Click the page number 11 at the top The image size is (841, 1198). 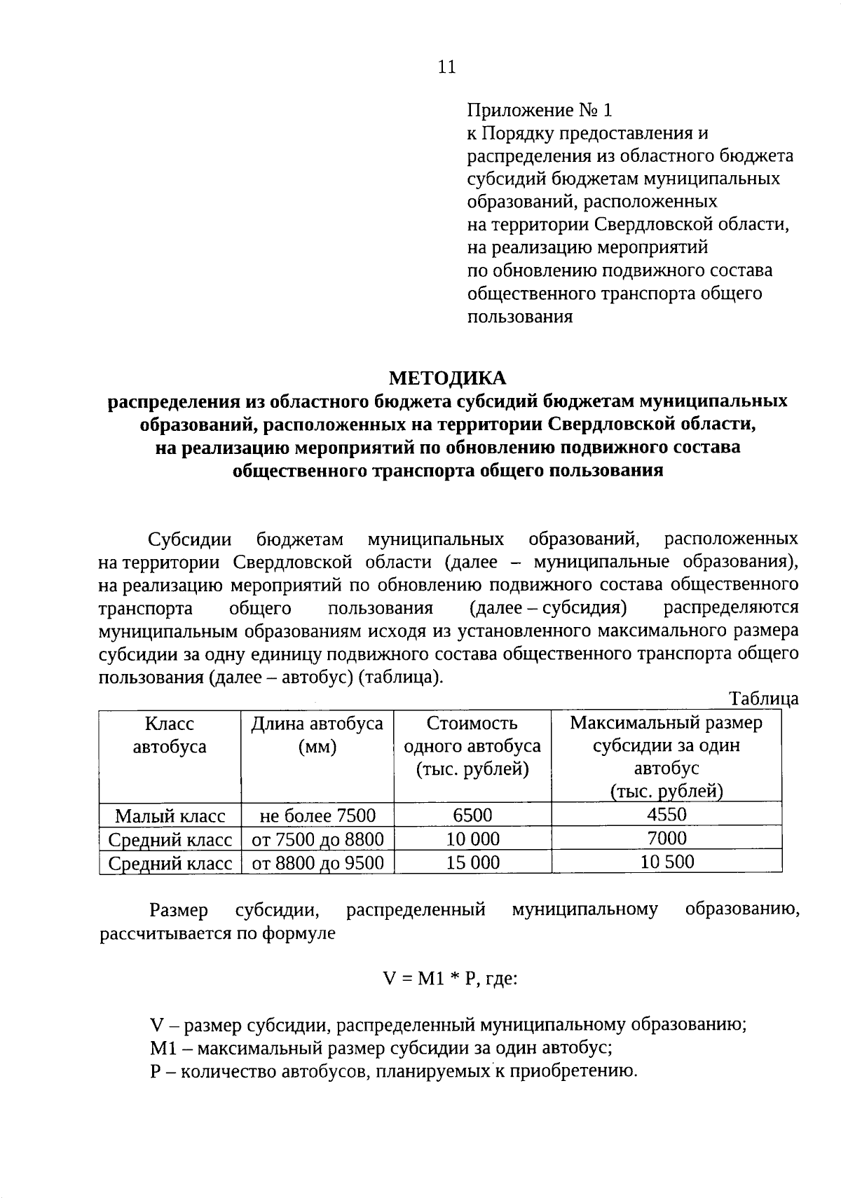tap(446, 67)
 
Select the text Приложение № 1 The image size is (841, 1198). tap(540, 110)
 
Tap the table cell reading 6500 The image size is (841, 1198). tap(472, 815)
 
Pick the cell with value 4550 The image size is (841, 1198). tap(666, 814)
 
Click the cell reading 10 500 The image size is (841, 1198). tap(666, 861)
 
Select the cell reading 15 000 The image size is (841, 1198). tap(472, 862)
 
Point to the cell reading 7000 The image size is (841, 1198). tap(666, 838)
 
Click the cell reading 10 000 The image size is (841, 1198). tap(472, 839)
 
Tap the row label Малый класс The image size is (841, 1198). tap(170, 815)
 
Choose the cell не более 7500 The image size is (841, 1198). tap(317, 815)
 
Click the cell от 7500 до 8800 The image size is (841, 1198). tap(317, 839)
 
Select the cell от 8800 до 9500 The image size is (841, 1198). tap(317, 862)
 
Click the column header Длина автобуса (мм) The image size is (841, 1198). tap(317, 735)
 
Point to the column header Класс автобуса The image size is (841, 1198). tap(170, 735)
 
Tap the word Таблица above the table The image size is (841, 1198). tap(763, 698)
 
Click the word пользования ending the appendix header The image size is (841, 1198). tap(519, 317)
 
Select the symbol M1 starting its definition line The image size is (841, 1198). tap(161, 1049)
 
